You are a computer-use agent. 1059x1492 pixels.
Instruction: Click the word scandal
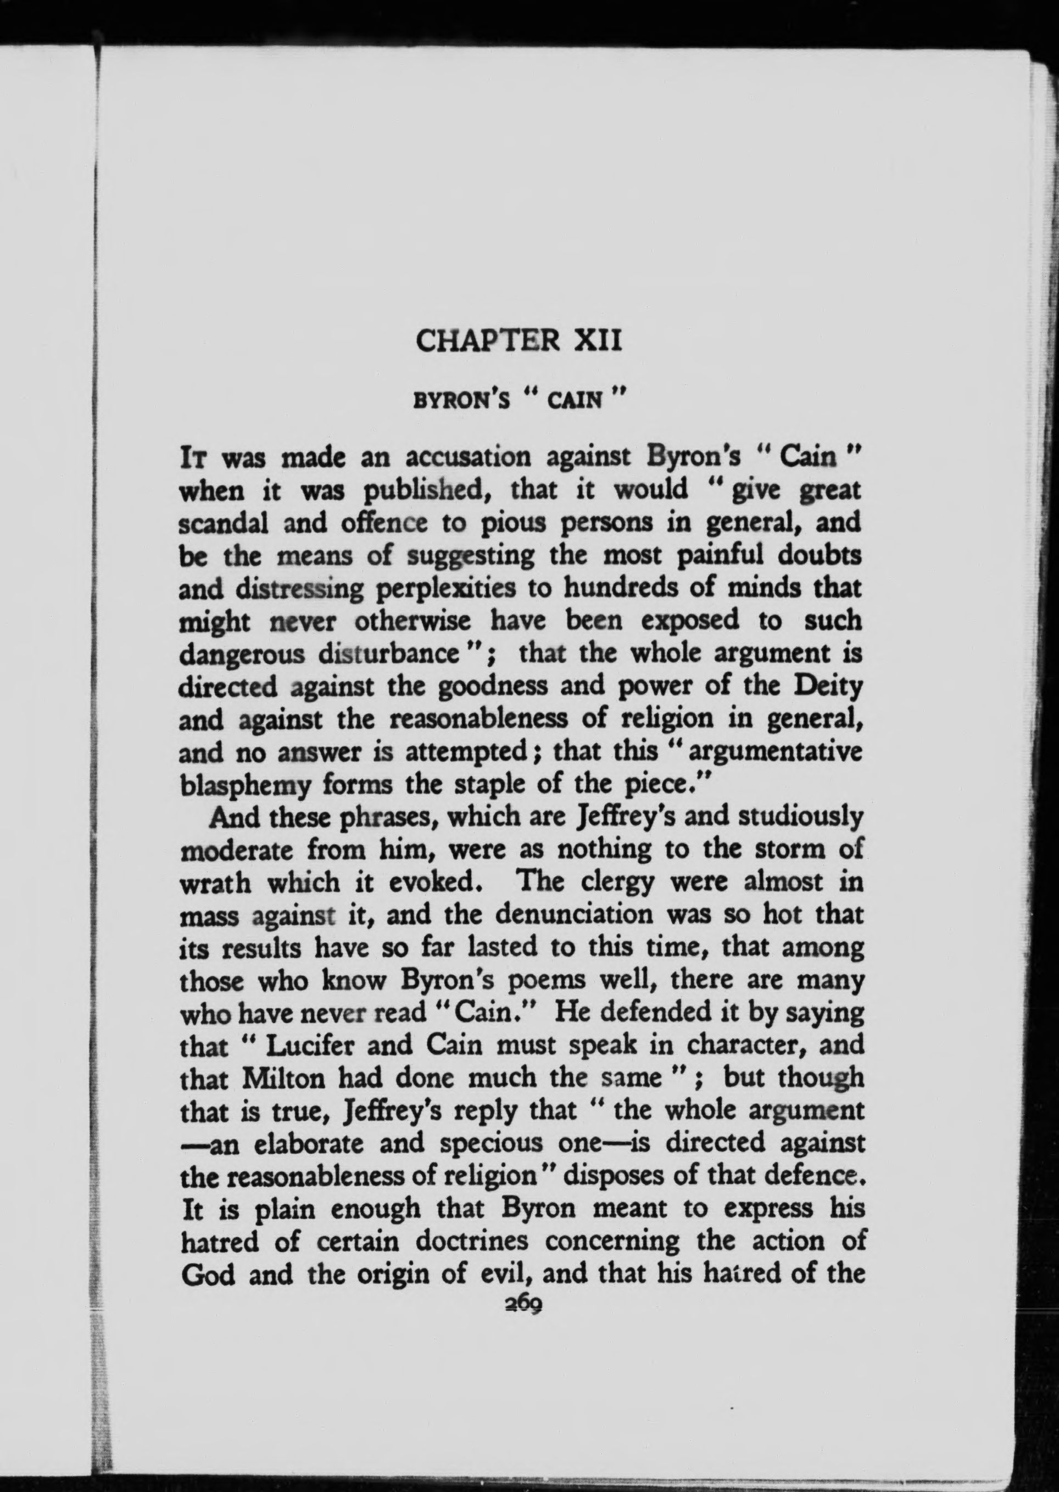click(x=222, y=523)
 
